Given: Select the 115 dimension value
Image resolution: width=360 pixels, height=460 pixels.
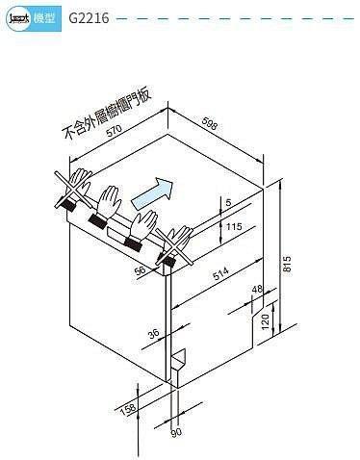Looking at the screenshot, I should click(x=231, y=227).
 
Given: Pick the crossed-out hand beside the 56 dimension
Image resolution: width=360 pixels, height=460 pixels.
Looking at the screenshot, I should click(x=177, y=244).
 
